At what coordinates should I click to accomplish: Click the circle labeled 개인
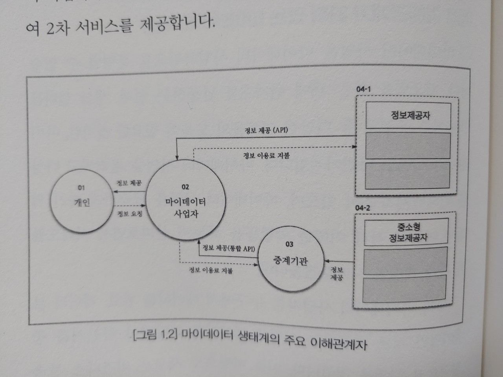pos(82,202)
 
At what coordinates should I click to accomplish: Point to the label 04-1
pos(363,89)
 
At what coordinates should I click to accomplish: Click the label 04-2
pos(362,208)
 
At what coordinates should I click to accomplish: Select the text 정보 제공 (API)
pos(266,130)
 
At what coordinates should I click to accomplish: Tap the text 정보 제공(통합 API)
pos(229,248)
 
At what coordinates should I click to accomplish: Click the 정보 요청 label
pos(130,214)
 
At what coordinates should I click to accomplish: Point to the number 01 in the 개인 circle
pos(81,188)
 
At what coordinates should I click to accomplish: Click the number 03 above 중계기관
pos(289,244)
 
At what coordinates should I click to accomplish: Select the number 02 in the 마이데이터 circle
pos(185,187)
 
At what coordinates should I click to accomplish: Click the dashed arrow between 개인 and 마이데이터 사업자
pos(129,206)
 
